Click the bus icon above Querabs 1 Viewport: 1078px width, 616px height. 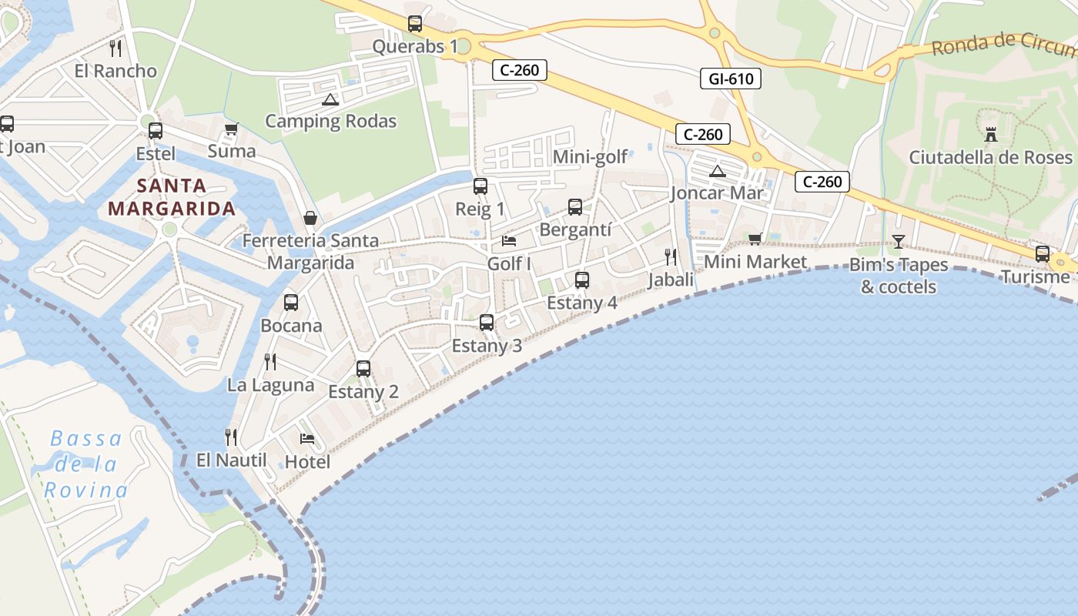pos(415,24)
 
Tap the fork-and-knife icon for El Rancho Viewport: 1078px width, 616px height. pos(115,49)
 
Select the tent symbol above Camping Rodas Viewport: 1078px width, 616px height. pos(330,99)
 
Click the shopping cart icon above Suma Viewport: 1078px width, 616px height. pos(230,129)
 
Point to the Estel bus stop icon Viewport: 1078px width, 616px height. pos(156,131)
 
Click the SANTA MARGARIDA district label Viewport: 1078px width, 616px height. pos(171,197)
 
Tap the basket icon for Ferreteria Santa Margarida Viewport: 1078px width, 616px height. pos(310,218)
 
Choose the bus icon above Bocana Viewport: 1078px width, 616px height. pos(291,303)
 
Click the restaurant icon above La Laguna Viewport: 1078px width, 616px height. pos(270,362)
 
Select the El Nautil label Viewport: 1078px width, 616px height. pos(231,460)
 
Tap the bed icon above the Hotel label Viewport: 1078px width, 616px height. pos(307,440)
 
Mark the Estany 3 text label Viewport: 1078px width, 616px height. pos(487,346)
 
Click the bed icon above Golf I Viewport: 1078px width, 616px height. pos(509,241)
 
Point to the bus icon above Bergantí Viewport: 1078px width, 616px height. pos(575,207)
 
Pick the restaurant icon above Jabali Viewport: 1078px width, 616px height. pos(671,257)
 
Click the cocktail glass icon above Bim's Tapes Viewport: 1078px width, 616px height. pos(898,242)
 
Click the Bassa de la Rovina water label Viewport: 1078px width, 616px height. pos(86,464)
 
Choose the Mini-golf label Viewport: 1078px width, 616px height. pos(591,158)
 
